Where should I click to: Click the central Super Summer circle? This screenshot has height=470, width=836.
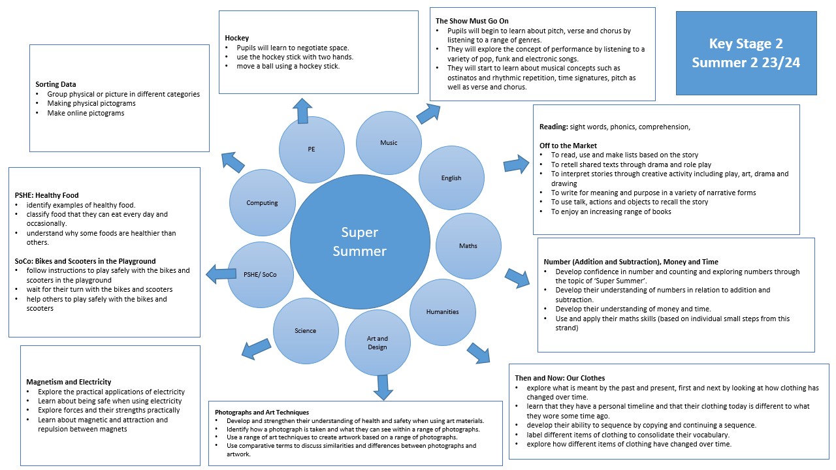click(x=360, y=242)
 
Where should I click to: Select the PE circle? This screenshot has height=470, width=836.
click(x=312, y=149)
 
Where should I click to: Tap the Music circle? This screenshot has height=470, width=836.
click(x=389, y=143)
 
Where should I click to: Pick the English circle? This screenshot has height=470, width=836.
click(x=451, y=178)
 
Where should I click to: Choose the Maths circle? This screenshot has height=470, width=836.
click(x=468, y=246)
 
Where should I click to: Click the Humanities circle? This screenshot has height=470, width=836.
click(x=442, y=312)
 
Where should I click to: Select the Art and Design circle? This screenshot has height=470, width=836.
click(x=378, y=343)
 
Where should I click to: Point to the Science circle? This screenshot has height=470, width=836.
click(x=305, y=331)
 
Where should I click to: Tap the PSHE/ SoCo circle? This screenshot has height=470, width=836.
click(x=260, y=274)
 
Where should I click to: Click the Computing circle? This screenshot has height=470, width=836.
click(x=262, y=203)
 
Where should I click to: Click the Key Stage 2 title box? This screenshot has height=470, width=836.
click(x=746, y=53)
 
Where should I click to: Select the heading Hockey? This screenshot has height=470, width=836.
click(x=236, y=39)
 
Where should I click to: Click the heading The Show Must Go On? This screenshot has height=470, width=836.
click(x=472, y=21)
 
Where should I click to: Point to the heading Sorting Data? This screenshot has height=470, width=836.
click(x=56, y=84)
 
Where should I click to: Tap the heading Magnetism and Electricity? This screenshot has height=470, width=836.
click(x=69, y=382)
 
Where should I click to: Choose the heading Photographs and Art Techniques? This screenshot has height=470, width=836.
click(x=262, y=413)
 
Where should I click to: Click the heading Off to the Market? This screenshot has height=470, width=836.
click(x=568, y=146)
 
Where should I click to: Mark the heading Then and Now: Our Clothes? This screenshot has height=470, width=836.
click(x=560, y=378)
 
